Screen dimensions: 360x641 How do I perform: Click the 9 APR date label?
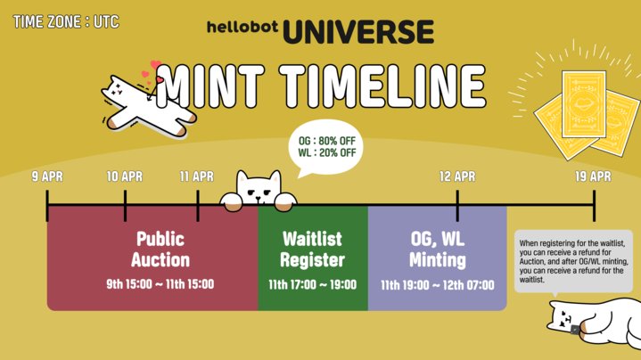(x=47, y=176)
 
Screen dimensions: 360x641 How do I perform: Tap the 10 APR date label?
(x=124, y=176)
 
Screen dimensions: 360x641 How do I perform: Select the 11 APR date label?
(x=196, y=176)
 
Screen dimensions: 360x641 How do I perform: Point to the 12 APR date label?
(x=457, y=176)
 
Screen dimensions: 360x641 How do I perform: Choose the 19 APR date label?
(x=593, y=176)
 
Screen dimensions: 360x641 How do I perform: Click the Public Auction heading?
(x=160, y=250)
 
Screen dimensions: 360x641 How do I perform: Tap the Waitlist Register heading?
(x=312, y=250)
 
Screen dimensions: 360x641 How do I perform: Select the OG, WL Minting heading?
(x=437, y=250)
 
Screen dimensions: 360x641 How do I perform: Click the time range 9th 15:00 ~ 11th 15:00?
(x=160, y=285)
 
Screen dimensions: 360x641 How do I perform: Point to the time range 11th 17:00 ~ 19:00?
(x=312, y=285)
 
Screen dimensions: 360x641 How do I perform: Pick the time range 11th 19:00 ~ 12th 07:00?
(x=437, y=285)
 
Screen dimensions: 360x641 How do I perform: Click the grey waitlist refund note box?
(x=576, y=261)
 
